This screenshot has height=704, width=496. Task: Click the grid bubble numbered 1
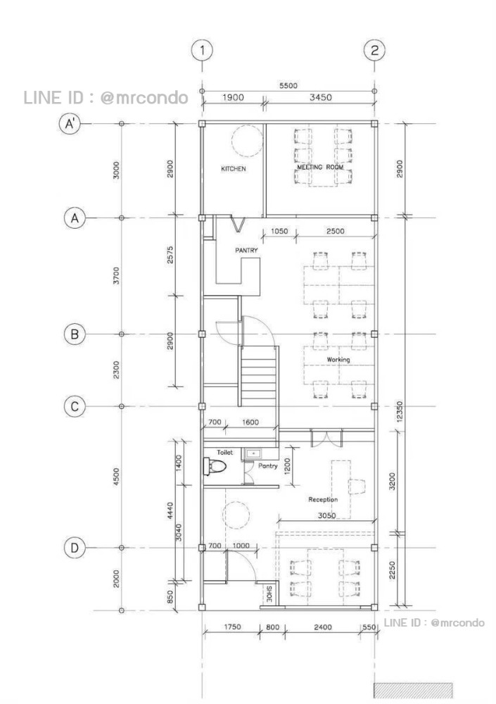pyautogui.click(x=202, y=50)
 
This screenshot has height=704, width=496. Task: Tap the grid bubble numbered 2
pyautogui.click(x=374, y=50)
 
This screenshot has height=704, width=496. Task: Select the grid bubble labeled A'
pyautogui.click(x=70, y=123)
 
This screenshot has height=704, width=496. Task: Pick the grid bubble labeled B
pyautogui.click(x=75, y=334)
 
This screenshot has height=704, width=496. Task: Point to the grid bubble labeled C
pyautogui.click(x=75, y=406)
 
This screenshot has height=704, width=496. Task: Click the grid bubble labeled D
pyautogui.click(x=75, y=548)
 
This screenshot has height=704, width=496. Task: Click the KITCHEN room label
pyautogui.click(x=234, y=169)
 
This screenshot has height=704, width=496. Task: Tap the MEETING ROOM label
pyautogui.click(x=320, y=167)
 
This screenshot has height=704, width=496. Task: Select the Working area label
pyautogui.click(x=338, y=360)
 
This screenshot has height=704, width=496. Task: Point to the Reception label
pyautogui.click(x=323, y=499)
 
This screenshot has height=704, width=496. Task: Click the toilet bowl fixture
pyautogui.click(x=214, y=466)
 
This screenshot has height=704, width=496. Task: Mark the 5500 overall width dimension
pyautogui.click(x=288, y=85)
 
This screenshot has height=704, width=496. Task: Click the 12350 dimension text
pyautogui.click(x=400, y=411)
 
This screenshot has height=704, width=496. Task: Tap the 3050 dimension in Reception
pyautogui.click(x=326, y=515)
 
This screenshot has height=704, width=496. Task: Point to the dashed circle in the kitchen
pyautogui.click(x=246, y=141)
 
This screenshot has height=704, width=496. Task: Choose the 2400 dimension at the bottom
pyautogui.click(x=323, y=627)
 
